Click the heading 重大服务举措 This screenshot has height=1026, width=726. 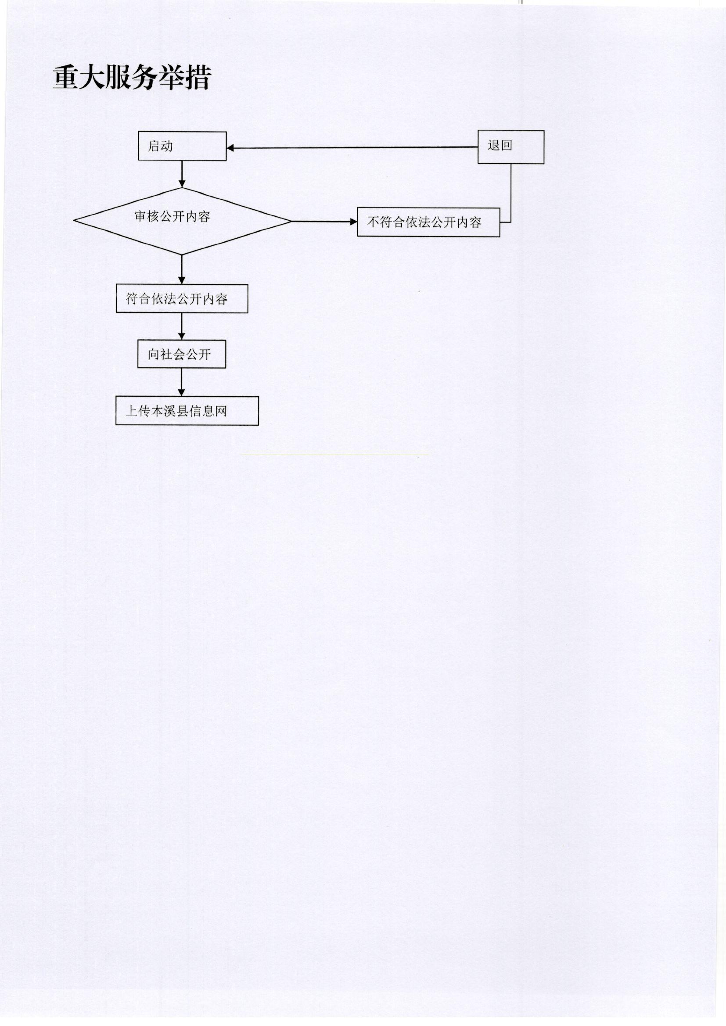pyautogui.click(x=131, y=78)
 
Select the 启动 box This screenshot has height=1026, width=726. pyautogui.click(x=182, y=146)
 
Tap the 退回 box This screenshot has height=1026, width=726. pyautogui.click(x=510, y=147)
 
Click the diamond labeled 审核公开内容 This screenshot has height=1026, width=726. pyautogui.click(x=182, y=221)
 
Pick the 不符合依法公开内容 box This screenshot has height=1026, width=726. pyautogui.click(x=428, y=222)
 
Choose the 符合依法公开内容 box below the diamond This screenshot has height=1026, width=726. pyautogui.click(x=182, y=298)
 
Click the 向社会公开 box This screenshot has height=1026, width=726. pyautogui.click(x=182, y=354)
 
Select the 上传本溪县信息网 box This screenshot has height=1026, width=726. pyautogui.click(x=187, y=410)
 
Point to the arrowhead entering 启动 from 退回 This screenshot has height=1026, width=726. pyautogui.click(x=230, y=148)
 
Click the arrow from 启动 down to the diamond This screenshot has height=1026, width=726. pyautogui.click(x=182, y=174)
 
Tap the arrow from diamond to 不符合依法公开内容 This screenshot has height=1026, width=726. pyautogui.click(x=324, y=221)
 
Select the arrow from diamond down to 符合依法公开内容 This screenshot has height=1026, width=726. pyautogui.click(x=182, y=269)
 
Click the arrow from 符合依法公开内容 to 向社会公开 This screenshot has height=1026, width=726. pyautogui.click(x=182, y=326)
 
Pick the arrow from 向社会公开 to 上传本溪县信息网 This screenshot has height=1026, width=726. pyautogui.click(x=182, y=382)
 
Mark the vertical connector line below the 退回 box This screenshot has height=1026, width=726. pyautogui.click(x=510, y=193)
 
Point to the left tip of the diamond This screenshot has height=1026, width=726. pyautogui.click(x=74, y=220)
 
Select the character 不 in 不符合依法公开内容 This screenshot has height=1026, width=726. pyautogui.click(x=373, y=222)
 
